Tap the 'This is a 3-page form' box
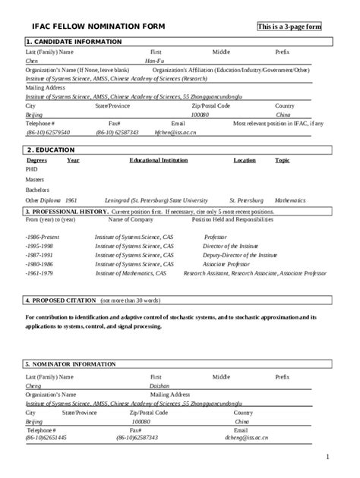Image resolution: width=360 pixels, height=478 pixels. [x=289, y=27]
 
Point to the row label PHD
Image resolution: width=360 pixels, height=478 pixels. [x=31, y=170]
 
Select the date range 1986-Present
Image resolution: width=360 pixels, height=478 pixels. [x=43, y=237]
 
